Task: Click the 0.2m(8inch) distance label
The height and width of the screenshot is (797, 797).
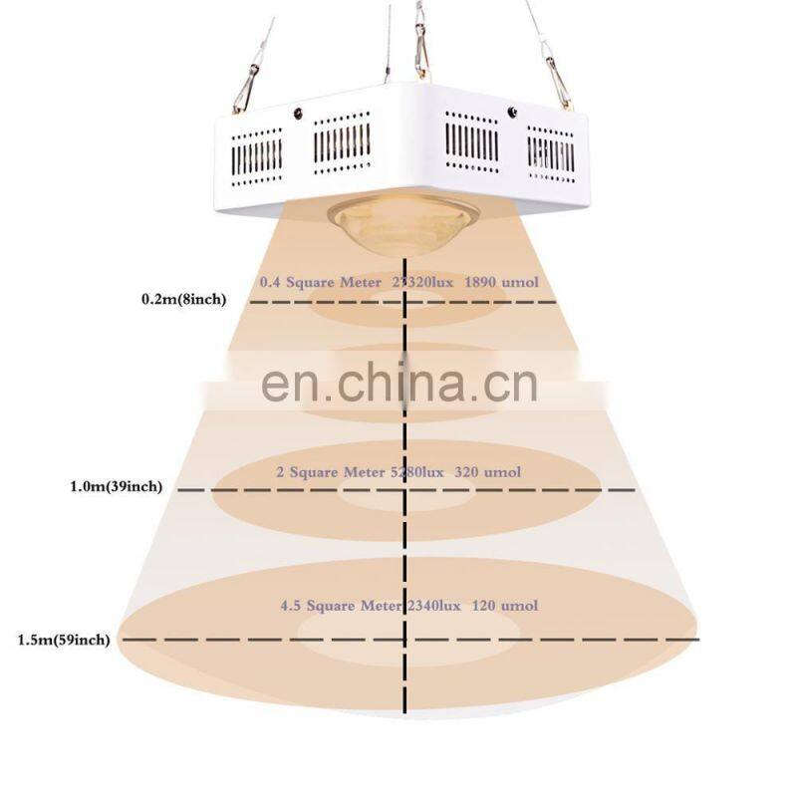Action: coord(190,298)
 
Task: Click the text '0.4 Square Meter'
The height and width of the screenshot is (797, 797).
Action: coord(320,282)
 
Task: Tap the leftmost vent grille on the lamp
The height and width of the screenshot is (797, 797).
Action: coord(257,154)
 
